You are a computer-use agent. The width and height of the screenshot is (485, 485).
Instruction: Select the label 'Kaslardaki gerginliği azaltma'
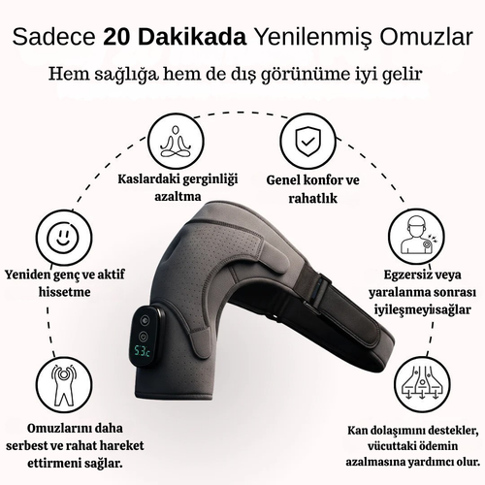[x=175, y=188]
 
